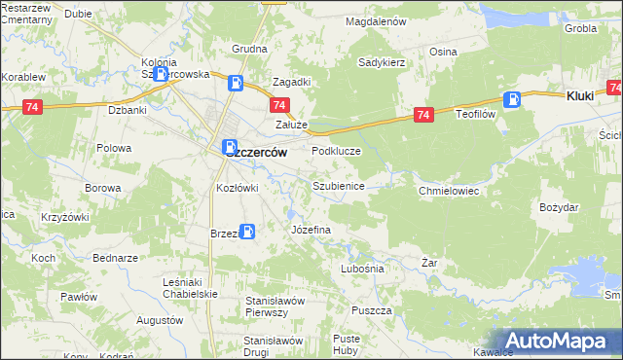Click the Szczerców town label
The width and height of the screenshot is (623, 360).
point(252,151)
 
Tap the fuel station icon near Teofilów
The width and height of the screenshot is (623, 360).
point(512,98)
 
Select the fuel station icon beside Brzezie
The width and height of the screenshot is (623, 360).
point(248,232)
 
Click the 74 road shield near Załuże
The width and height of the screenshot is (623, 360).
point(279,105)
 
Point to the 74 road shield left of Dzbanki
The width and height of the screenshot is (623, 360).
point(33,105)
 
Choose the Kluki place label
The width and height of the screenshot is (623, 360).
point(580,96)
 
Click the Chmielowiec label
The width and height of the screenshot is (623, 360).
point(449,191)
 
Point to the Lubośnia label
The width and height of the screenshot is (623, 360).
point(362,268)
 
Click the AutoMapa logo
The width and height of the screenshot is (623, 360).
point(558,341)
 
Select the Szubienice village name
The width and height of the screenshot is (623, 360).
point(338,185)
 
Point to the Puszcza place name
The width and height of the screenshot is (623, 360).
point(373,310)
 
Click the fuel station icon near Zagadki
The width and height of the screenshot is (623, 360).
point(235,83)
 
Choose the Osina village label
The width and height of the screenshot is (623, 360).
point(443,52)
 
